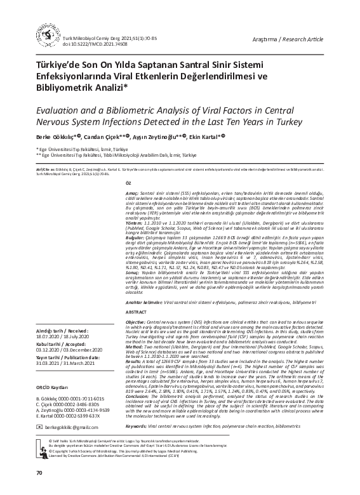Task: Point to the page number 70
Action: tap(39, 473)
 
